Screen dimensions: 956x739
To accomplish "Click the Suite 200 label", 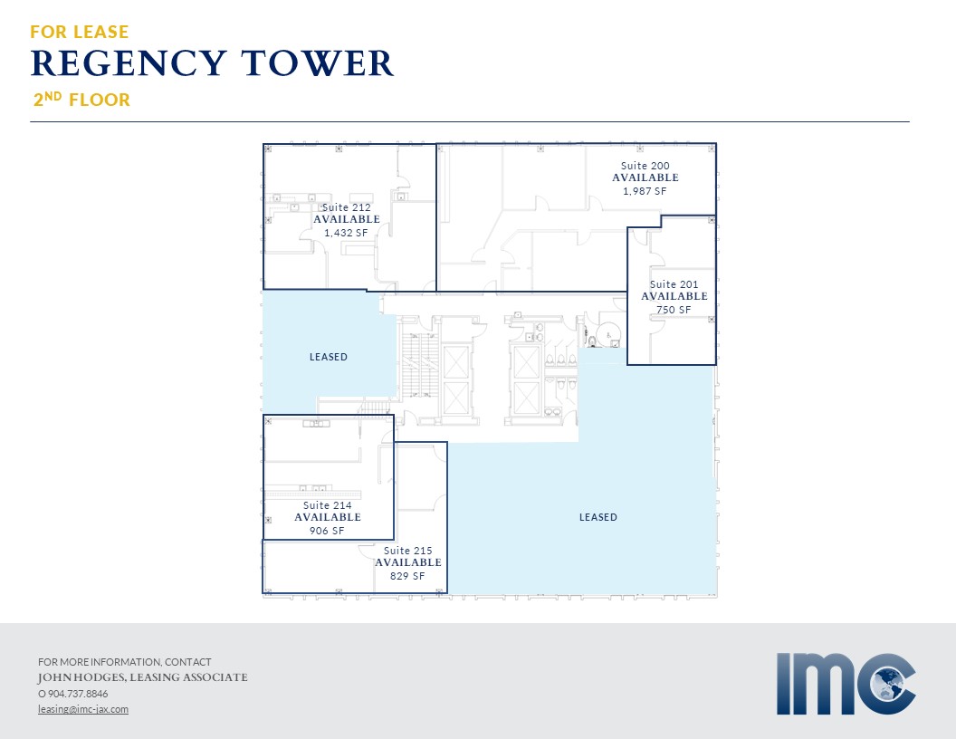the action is coord(645,166).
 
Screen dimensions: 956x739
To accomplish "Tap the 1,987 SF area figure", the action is coord(645,191).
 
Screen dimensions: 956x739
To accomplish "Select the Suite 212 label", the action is coord(347,207).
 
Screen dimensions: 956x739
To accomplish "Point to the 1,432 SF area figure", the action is coord(347,233).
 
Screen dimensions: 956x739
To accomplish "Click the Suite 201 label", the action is coord(674,284).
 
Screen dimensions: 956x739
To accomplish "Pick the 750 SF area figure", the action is coord(674,310).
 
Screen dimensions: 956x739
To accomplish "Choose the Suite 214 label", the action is coord(328,505).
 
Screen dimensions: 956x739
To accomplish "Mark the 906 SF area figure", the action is coord(327,531).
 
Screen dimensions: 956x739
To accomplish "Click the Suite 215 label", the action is coord(408,551).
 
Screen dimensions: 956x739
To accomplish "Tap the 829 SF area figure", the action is coord(407,576).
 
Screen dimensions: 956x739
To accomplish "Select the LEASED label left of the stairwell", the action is coord(328,357).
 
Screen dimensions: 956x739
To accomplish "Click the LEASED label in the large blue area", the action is coord(598,517).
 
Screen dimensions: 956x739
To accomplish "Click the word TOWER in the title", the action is coord(317,63).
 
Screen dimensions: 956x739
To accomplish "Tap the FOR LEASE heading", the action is coord(80,32).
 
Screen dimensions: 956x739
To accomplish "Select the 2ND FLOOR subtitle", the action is coord(81,100).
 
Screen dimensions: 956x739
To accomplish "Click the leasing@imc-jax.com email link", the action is coord(83,709).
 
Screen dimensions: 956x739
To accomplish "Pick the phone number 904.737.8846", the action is coord(78,694).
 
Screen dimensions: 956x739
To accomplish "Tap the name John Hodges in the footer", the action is coord(81,677).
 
